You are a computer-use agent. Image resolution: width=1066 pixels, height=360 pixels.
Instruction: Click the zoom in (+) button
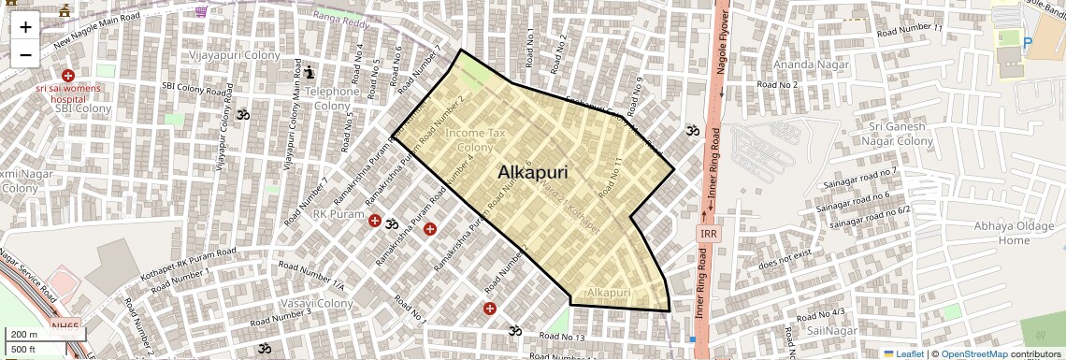pos(25,27)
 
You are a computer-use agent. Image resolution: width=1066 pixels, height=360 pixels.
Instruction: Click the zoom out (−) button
pos(25,54)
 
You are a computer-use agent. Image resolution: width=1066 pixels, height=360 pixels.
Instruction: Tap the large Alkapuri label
pos(532,172)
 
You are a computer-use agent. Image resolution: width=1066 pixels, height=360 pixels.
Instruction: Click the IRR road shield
pos(708,233)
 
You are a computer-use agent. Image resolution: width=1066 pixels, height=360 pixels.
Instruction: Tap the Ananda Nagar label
pos(810,65)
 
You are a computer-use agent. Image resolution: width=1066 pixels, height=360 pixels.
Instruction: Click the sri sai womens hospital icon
pos(67,75)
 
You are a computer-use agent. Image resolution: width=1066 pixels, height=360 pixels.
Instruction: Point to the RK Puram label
pos(338,214)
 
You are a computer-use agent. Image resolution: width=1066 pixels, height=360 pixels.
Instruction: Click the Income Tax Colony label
pos(475,140)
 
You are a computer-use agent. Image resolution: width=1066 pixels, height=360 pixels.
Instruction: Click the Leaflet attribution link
pos(903,353)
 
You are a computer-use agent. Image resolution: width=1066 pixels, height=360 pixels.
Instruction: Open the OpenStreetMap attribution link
pos(973,353)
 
